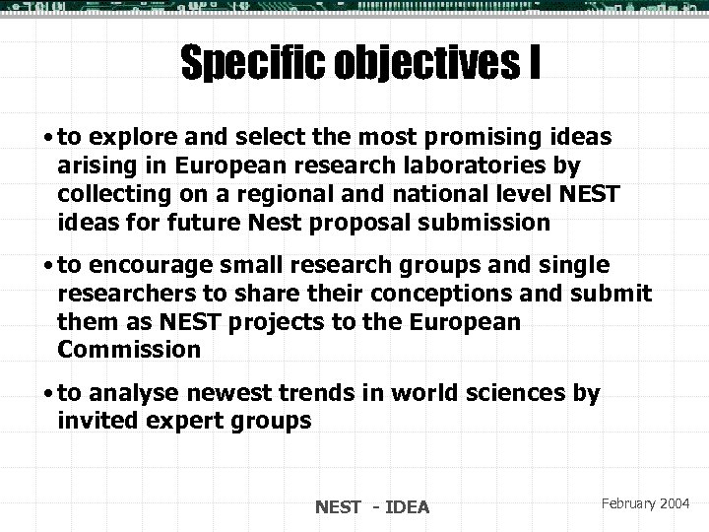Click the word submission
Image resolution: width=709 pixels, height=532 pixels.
495,223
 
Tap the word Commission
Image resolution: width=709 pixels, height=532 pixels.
129,349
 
